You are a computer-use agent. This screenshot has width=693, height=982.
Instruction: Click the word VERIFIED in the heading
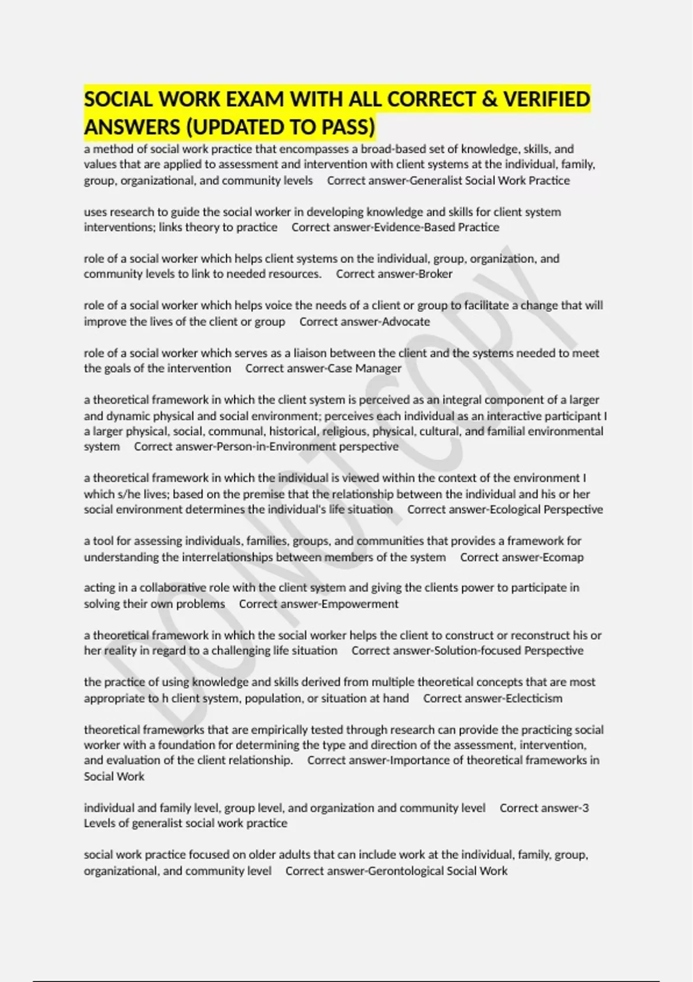(546, 99)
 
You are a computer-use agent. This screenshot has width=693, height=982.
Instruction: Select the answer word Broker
(435, 274)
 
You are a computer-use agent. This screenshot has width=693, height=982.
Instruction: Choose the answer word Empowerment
(368, 604)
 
